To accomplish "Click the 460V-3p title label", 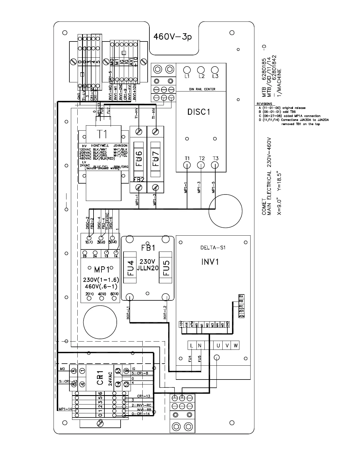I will point(173,37).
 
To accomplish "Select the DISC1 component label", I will point(199,112).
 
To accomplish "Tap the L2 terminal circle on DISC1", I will point(201,70).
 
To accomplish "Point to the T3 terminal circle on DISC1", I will point(215,165).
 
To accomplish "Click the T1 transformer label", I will point(103,134).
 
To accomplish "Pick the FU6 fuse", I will point(139,159).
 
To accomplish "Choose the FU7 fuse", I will point(156,159).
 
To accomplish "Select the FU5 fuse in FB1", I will point(166,267).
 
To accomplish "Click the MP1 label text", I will point(102,269).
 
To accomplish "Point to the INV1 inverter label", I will point(210,262).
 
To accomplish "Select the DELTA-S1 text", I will point(211,248).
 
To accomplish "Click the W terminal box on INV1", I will point(235,346).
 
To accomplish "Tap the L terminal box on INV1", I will point(192,346).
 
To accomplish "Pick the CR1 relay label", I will point(100,378).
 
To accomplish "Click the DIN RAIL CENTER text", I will point(202,89).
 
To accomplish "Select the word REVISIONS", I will point(264,104).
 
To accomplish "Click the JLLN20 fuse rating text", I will point(148,268).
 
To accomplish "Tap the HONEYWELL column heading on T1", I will point(100,146).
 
